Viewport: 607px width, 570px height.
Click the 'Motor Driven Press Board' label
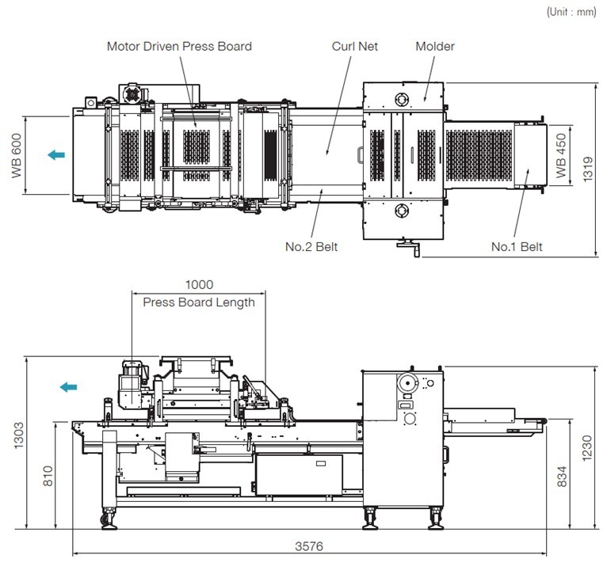coord(179,47)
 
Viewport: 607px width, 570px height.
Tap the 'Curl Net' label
coord(354,47)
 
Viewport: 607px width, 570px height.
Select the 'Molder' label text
coord(435,47)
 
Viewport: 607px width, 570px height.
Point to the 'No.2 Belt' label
coord(311,247)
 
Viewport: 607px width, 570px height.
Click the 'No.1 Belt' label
coord(517,247)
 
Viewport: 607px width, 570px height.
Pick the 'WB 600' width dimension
coord(17,155)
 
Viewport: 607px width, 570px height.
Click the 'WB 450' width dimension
coord(561,155)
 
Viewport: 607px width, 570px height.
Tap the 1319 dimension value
coord(588,169)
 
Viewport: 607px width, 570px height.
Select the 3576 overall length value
coord(309,546)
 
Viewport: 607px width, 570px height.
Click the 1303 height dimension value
coord(18,435)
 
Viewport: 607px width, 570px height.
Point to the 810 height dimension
coord(48,476)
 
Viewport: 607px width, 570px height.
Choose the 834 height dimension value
coord(562,477)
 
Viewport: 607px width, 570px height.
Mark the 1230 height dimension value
coord(587,448)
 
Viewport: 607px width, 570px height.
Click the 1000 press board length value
coord(199,285)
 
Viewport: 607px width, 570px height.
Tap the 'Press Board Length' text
coord(199,302)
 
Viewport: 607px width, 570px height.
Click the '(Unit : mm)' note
coord(571,12)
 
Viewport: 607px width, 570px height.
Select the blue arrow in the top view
coord(56,155)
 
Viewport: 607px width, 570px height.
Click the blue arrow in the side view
coord(68,386)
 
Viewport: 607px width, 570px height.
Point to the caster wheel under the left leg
coord(105,520)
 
